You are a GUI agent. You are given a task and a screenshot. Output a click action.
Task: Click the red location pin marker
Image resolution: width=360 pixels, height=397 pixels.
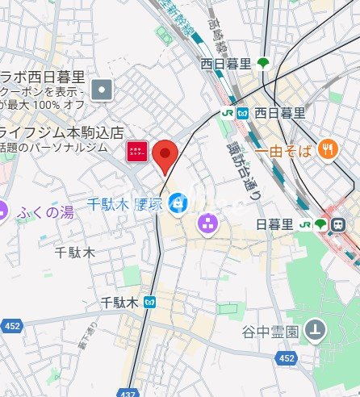[x=165, y=154]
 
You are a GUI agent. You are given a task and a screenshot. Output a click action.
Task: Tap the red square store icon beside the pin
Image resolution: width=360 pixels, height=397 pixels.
[x=136, y=151]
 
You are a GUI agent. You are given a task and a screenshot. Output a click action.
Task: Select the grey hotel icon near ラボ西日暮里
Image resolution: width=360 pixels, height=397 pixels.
[x=102, y=90]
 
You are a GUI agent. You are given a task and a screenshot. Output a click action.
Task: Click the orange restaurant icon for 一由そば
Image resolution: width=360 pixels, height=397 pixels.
[x=327, y=148]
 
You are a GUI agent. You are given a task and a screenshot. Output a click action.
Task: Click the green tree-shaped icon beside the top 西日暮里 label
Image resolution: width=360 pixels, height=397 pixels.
[x=263, y=63]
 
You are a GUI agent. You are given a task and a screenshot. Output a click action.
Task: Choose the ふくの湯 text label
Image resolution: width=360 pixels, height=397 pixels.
[x=46, y=213]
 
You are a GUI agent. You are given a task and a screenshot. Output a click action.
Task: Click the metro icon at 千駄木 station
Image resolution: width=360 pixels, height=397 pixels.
[x=148, y=303]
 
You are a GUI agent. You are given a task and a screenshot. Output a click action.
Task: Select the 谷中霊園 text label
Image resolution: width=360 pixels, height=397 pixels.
[x=270, y=331]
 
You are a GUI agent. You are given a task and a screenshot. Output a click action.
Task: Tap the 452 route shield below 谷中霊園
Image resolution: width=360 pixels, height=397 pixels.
[x=286, y=357]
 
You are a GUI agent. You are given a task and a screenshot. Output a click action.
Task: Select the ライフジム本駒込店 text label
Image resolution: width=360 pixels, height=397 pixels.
[x=61, y=132]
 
